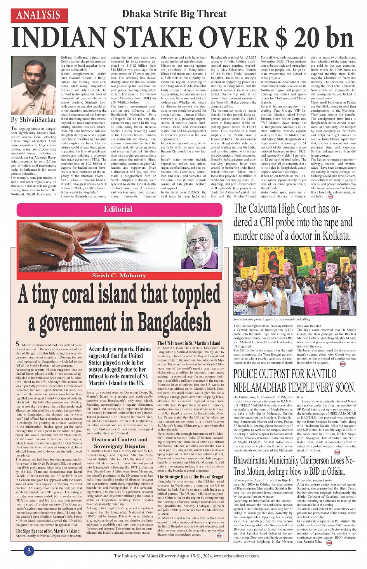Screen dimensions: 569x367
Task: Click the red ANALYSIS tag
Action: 39,15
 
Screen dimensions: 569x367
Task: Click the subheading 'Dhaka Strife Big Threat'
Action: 174,14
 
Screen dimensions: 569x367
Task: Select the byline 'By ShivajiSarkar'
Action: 34,120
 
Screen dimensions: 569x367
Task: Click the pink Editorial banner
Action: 118,209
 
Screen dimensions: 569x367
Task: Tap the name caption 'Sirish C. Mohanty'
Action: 119,275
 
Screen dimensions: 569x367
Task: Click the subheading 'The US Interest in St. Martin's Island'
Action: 189,343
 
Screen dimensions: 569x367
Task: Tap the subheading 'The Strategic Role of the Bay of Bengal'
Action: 190,476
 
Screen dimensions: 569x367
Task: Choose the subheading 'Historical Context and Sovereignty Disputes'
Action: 120,443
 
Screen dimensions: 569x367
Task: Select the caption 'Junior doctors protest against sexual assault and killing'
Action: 272,319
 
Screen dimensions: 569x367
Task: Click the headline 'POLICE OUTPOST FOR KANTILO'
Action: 285,374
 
